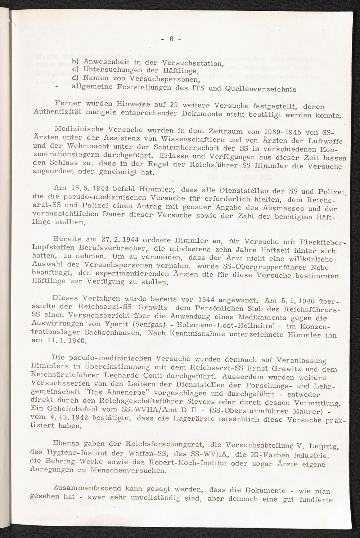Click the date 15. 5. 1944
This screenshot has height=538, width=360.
[77, 188]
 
